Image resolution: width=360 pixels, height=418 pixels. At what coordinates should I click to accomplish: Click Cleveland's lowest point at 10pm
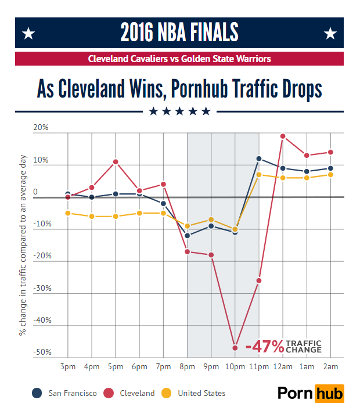coord(235,348)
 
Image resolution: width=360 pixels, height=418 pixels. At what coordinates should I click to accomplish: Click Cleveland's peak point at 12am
coord(283,136)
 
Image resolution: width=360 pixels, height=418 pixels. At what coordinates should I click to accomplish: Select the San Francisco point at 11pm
coord(259,158)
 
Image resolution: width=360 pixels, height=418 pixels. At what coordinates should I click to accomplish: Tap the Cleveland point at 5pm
coord(116,162)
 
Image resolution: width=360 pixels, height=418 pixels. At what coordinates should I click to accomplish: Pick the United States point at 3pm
coord(68,213)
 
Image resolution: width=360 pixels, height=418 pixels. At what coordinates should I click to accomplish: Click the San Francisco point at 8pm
coord(187,236)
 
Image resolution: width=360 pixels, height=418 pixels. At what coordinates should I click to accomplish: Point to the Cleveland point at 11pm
coord(259,280)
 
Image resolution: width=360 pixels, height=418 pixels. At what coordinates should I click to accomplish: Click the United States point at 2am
coord(330,174)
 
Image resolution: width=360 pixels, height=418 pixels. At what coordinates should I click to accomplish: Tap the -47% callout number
coord(265,347)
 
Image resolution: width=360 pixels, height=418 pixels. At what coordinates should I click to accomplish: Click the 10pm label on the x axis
coord(235,367)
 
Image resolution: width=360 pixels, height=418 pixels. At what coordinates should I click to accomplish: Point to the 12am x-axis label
coord(283,367)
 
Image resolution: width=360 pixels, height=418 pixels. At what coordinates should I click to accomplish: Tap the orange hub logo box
coord(329,393)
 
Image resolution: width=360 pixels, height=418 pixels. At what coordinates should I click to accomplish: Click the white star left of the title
coord(28,34)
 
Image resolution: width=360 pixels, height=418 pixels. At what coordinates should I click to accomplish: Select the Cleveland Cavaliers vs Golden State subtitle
coord(179,59)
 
